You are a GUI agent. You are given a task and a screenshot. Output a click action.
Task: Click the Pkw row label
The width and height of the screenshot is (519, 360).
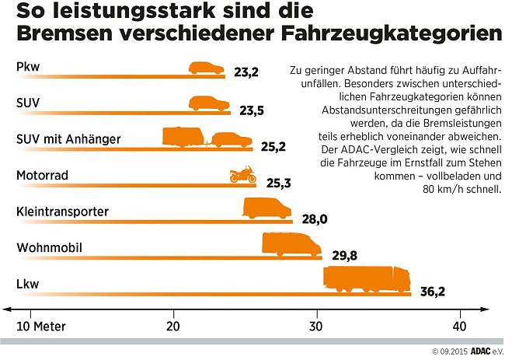(x=27, y=67)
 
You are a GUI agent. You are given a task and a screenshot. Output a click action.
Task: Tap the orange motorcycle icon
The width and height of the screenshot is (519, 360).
(x=242, y=174)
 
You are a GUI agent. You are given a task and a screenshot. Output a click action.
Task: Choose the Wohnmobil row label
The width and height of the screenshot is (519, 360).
(x=50, y=248)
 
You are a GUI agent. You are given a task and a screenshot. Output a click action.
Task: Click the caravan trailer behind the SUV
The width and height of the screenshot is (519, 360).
(x=183, y=138)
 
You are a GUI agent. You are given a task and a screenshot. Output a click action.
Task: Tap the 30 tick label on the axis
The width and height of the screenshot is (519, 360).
(x=316, y=324)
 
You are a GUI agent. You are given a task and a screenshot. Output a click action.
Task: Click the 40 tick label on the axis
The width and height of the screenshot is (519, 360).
(x=460, y=324)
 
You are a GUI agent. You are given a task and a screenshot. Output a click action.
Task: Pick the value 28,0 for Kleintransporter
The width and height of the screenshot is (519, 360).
(x=314, y=220)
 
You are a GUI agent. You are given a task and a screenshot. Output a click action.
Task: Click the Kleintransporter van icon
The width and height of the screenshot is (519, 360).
(x=267, y=208)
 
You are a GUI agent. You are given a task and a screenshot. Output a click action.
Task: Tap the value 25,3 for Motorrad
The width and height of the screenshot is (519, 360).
(x=278, y=183)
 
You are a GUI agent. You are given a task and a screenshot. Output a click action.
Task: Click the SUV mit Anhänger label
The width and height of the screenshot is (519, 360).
(x=68, y=139)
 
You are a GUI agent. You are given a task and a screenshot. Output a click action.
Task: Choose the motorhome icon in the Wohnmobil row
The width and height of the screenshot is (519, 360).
(x=291, y=244)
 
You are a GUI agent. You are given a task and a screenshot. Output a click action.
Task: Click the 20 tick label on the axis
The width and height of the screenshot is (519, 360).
(x=172, y=324)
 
